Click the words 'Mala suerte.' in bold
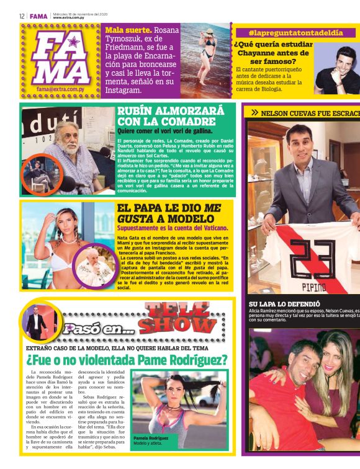[x=128, y=30]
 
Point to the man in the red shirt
[x=279, y=397]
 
